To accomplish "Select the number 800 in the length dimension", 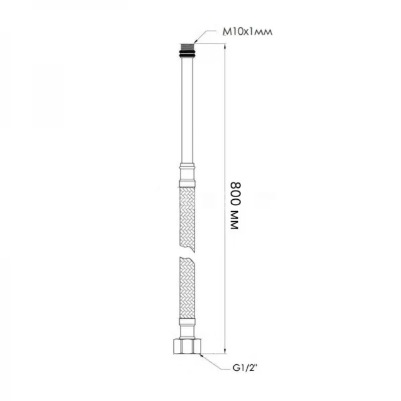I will point(235,190).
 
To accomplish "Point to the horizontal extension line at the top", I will point(211,43).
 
